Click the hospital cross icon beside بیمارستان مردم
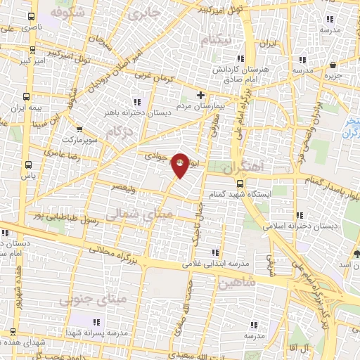coord(200,95)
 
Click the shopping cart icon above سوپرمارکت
coord(79,129)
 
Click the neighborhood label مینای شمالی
coord(135,213)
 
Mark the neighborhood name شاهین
coord(235,283)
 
